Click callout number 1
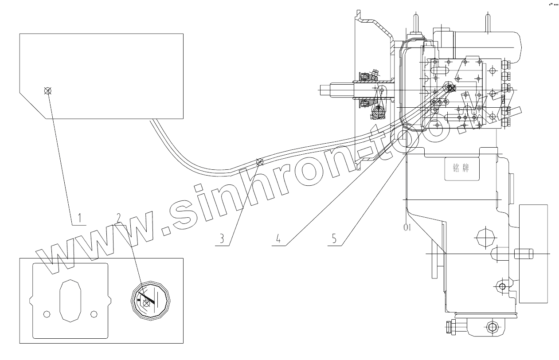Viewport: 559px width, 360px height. (x=79, y=218)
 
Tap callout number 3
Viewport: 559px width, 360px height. (x=222, y=239)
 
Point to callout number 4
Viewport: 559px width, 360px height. (x=278, y=239)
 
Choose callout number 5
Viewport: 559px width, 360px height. (x=335, y=239)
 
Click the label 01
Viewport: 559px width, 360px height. (x=408, y=227)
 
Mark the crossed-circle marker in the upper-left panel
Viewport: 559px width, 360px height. (x=48, y=91)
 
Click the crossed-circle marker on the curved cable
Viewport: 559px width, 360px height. (x=260, y=162)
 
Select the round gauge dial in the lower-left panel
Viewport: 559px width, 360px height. (x=151, y=300)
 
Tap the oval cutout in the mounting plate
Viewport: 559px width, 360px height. (x=70, y=300)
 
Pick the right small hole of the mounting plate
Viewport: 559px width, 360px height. (x=94, y=314)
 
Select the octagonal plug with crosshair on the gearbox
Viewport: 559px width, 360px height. (x=484, y=239)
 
